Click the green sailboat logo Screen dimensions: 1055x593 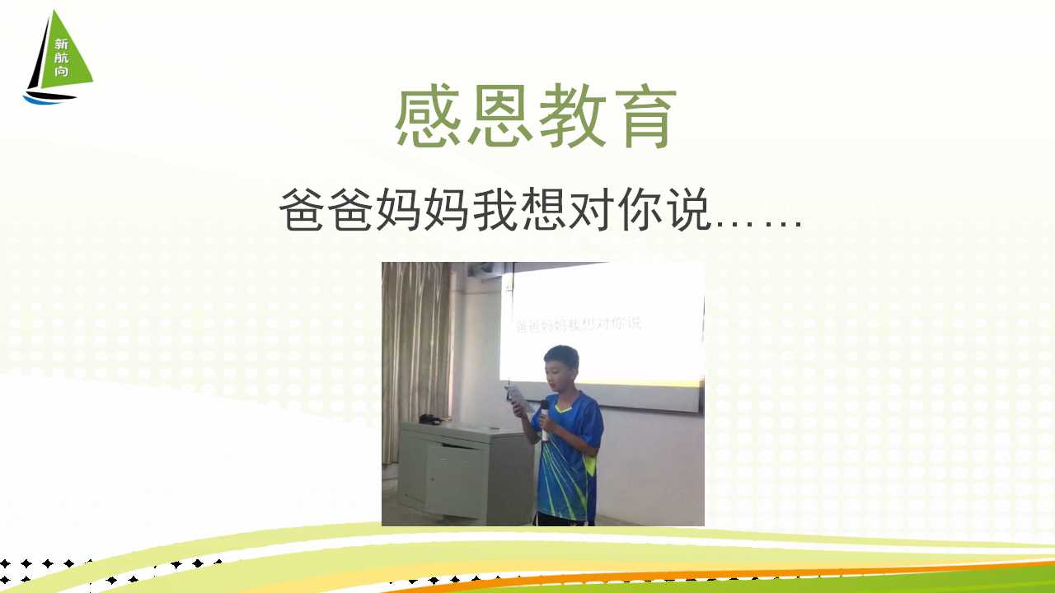[x=58, y=58]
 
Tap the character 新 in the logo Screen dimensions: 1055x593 [x=61, y=44]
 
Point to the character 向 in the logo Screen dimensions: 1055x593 [x=61, y=72]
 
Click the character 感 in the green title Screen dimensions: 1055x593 [x=428, y=116]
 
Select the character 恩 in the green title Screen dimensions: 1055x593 [x=499, y=116]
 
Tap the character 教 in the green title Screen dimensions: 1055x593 [x=572, y=116]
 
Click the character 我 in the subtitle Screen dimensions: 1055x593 [x=494, y=209]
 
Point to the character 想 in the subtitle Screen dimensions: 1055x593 [x=542, y=209]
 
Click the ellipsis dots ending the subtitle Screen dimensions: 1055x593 [x=758, y=226]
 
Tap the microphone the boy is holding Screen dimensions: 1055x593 [x=545, y=420]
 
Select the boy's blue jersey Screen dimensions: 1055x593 [x=568, y=456]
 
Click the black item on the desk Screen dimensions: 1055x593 [x=429, y=419]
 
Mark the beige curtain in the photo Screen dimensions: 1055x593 [x=416, y=357]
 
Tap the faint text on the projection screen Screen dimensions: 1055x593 [x=578, y=324]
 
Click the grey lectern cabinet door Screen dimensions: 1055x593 [x=453, y=479]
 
